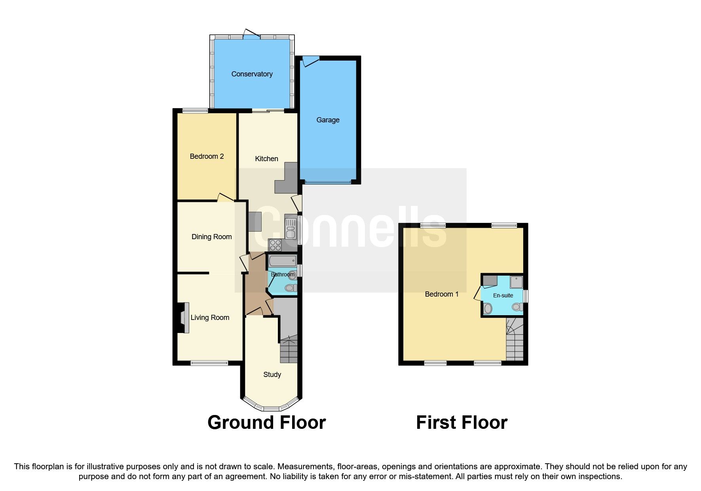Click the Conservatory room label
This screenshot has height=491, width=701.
(x=252, y=74)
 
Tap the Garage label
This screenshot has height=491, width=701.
(x=328, y=120)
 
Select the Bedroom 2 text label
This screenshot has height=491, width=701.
(x=207, y=156)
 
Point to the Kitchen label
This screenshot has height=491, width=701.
(x=266, y=159)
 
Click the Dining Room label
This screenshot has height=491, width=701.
(x=211, y=237)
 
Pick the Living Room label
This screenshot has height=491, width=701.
(x=210, y=318)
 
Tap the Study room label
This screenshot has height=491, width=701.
(x=272, y=375)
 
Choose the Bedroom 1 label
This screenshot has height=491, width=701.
(x=441, y=294)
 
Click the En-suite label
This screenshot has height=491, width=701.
(x=503, y=295)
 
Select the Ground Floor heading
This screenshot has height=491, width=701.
(x=266, y=422)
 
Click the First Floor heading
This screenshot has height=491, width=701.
(x=462, y=422)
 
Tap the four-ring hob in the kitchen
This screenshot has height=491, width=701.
(x=275, y=245)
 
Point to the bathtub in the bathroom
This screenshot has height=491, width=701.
(x=282, y=261)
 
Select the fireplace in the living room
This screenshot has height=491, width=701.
(x=183, y=318)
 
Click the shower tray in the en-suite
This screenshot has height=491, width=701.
(x=516, y=282)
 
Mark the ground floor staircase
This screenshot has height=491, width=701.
(x=289, y=349)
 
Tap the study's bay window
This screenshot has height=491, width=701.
(x=271, y=405)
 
